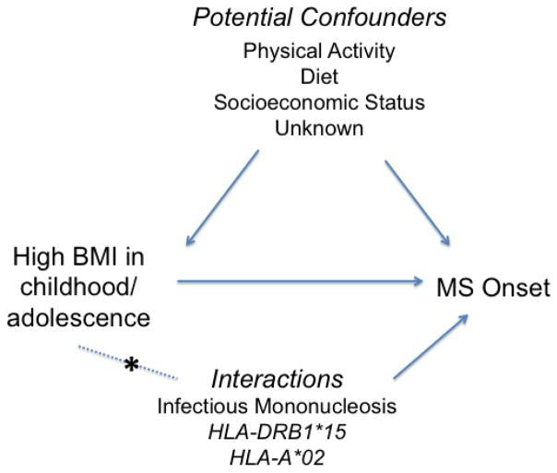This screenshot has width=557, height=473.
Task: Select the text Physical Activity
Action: pyautogui.click(x=319, y=51)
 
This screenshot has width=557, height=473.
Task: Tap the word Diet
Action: pyautogui.click(x=319, y=77)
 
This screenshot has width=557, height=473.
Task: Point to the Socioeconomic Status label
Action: pyautogui.click(x=319, y=102)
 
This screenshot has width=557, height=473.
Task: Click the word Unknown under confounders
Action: pyautogui.click(x=319, y=127)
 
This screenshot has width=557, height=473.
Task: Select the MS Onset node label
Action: pyautogui.click(x=492, y=289)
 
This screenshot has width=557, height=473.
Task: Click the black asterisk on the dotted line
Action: pyautogui.click(x=132, y=365)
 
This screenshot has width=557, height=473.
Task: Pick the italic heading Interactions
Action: pyautogui.click(x=277, y=379)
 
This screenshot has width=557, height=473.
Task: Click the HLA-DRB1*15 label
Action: pyautogui.click(x=277, y=430)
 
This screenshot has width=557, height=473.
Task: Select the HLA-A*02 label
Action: pyautogui.click(x=277, y=455)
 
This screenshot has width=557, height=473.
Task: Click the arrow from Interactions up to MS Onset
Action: pyautogui.click(x=428, y=346)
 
